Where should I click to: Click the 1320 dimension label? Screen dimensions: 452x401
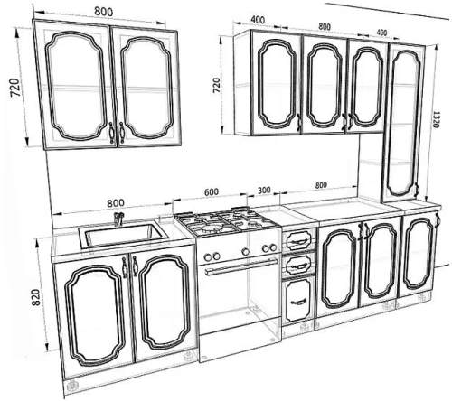pyautogui.click(x=436, y=120)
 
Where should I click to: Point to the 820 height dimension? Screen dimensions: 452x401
pyautogui.click(x=36, y=297)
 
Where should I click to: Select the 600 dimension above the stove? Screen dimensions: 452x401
pyautogui.click(x=212, y=191)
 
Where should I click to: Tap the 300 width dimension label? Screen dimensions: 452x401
pyautogui.click(x=264, y=190)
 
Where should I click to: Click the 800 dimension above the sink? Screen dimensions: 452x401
pyautogui.click(x=116, y=202)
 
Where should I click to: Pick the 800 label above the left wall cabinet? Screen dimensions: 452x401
pyautogui.click(x=104, y=12)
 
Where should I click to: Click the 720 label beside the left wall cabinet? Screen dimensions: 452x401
pyautogui.click(x=15, y=88)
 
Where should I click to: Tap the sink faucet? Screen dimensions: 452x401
pyautogui.click(x=118, y=219)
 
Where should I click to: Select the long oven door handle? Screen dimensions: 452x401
pyautogui.click(x=241, y=266)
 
